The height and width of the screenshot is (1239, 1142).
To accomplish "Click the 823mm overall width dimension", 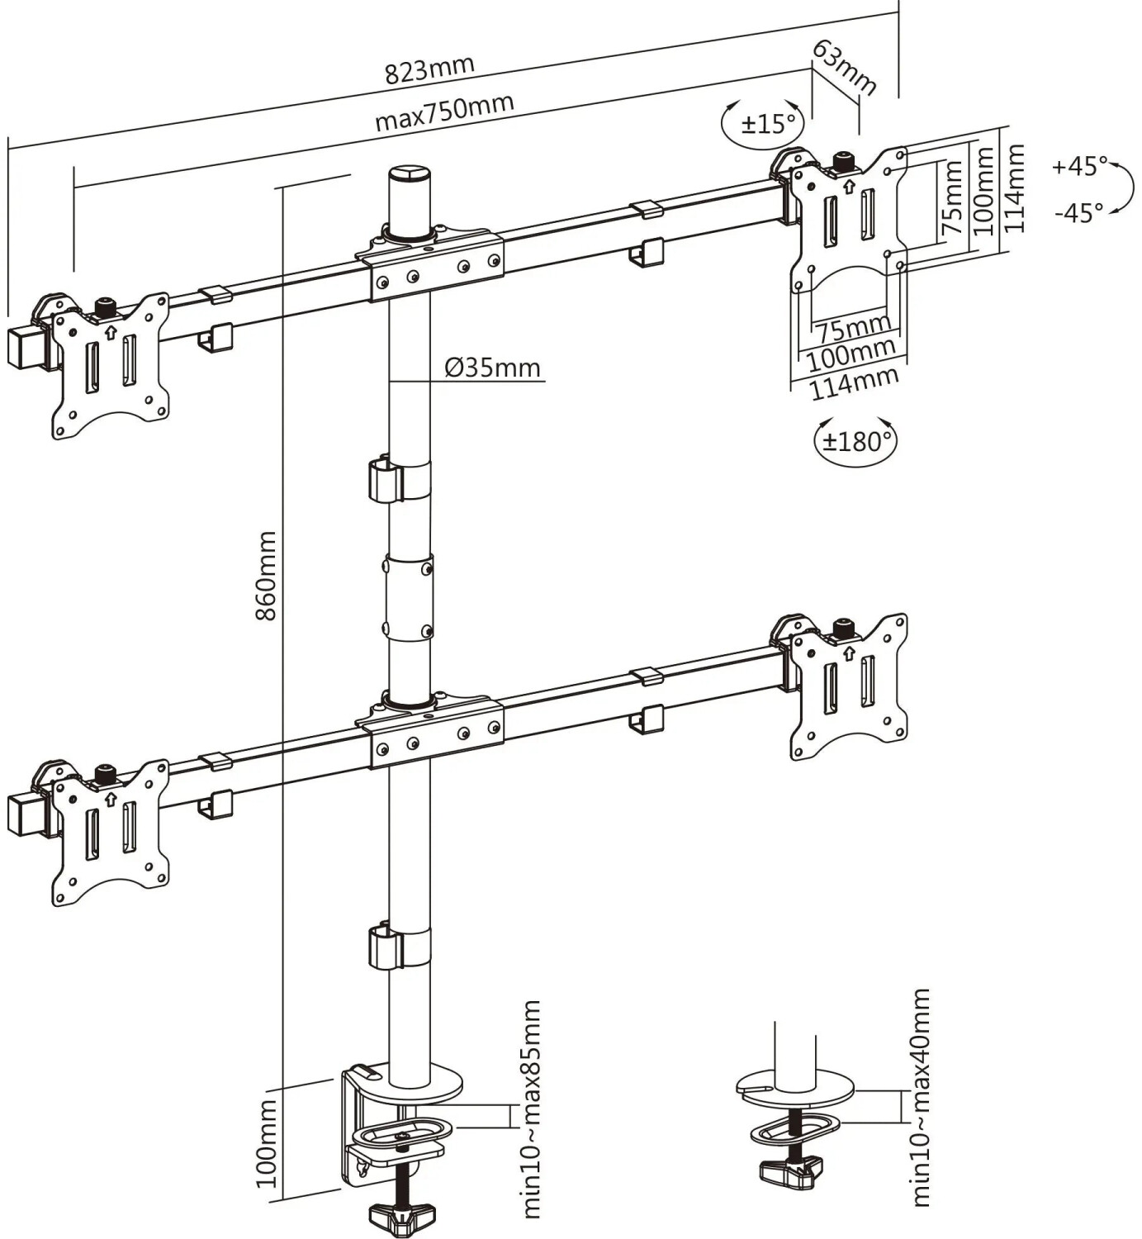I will point(429,69).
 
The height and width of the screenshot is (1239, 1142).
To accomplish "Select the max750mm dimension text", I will point(444,112).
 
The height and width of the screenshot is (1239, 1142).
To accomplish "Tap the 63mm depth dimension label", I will point(844,68).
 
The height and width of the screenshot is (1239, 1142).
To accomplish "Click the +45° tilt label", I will point(1080,166).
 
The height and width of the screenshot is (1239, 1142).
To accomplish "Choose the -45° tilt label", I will point(1078,213).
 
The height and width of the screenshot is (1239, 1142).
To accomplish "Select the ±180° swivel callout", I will point(855,441).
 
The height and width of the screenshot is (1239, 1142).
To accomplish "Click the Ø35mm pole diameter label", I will point(492,368).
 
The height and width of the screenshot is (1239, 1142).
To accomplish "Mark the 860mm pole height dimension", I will point(266,576).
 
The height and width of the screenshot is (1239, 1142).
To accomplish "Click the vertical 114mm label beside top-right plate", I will point(1015,189).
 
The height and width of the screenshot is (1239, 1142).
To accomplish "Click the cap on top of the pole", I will point(410,175).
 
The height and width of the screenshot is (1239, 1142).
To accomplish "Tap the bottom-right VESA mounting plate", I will point(849,685).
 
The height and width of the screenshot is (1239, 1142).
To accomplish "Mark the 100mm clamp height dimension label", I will point(266,1142).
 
